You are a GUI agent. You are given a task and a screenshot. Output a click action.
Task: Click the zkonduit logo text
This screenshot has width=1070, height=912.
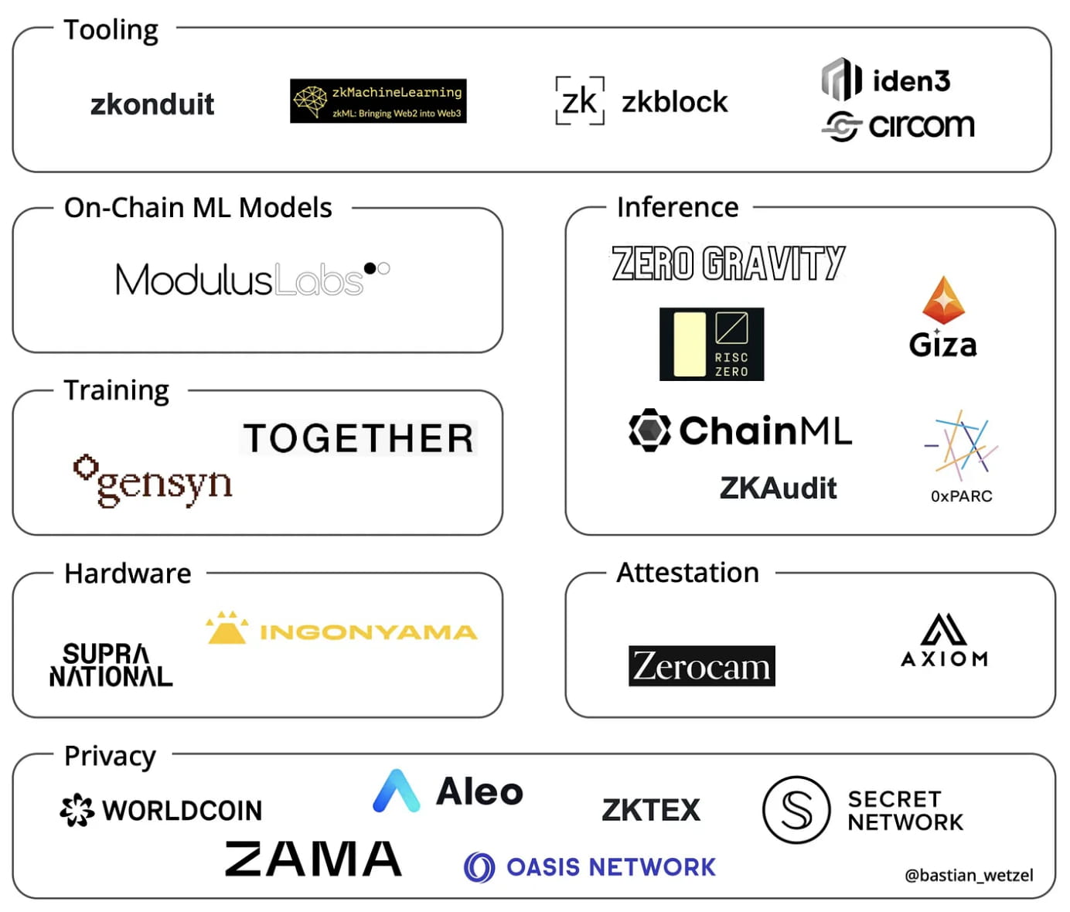(x=152, y=104)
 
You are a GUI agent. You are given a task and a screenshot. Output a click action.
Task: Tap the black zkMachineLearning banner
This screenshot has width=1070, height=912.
(x=378, y=101)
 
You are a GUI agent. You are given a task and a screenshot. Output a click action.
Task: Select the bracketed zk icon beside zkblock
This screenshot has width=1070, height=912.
(x=580, y=100)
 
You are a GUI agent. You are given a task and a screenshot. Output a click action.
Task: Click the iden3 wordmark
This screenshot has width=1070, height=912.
(x=911, y=81)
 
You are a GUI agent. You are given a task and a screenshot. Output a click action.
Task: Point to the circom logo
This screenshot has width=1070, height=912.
(x=898, y=126)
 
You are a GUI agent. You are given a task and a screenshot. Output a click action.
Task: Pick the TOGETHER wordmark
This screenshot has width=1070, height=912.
(x=358, y=438)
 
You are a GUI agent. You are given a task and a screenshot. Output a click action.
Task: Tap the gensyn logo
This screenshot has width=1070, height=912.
(x=153, y=481)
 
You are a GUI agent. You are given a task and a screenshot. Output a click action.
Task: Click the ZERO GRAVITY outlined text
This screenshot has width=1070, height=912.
(x=728, y=263)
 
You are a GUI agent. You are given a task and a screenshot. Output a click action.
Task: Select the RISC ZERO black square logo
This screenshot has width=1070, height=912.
(x=711, y=344)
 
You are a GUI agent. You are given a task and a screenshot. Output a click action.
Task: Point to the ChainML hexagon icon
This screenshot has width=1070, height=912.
(x=649, y=430)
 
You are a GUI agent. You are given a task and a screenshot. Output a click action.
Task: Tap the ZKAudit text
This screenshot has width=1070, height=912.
(x=778, y=488)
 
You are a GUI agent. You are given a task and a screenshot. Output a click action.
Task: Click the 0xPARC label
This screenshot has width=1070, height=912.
(x=961, y=496)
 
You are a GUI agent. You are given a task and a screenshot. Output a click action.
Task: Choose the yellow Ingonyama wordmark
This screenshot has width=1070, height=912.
(x=368, y=632)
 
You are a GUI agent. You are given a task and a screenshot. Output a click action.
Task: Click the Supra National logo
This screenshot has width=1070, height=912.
(x=111, y=665)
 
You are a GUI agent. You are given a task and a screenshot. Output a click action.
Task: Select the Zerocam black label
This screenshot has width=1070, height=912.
(x=701, y=665)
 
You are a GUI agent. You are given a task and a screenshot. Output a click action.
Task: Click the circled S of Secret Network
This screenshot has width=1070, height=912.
(x=796, y=809)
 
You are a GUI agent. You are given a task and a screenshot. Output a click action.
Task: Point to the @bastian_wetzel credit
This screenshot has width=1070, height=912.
(x=969, y=875)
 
